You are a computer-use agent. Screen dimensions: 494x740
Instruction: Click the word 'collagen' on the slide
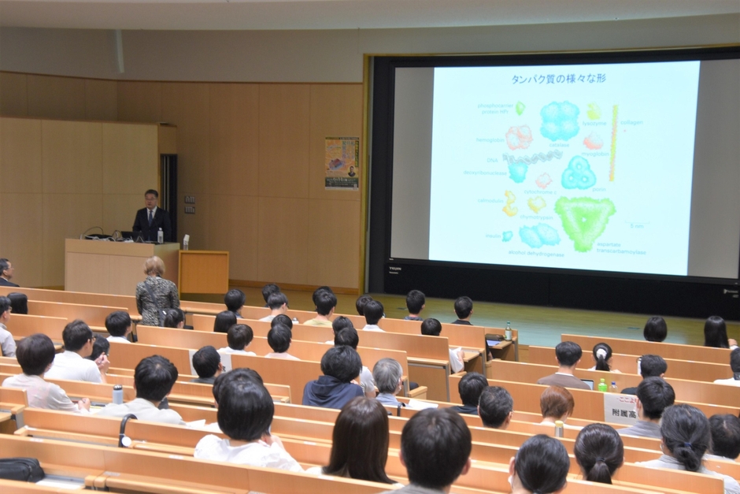631,122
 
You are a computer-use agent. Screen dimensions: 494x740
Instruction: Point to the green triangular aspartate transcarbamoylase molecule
585,220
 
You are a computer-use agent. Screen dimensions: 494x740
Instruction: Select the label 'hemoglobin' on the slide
490,140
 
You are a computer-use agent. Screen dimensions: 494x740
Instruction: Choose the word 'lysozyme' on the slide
594,123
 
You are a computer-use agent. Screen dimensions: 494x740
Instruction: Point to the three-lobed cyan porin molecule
579,173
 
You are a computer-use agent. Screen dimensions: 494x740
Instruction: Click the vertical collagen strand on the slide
614,142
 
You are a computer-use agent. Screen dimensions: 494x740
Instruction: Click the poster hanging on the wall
342,162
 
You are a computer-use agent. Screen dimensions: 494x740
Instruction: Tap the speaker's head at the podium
151,197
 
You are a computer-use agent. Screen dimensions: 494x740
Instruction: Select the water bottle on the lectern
160,235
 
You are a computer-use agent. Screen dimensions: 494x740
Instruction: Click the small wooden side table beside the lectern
203,271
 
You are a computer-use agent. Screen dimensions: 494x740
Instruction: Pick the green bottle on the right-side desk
602,384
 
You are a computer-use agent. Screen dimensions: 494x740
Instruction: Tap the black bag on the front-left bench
20,470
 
